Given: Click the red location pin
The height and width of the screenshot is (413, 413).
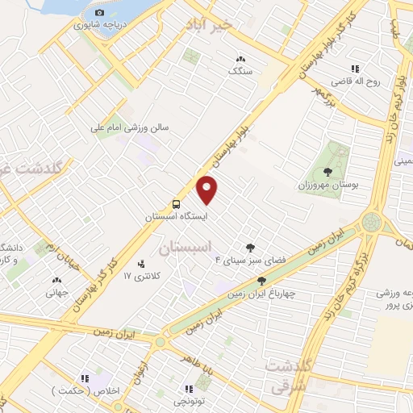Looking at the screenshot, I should coord(208,190).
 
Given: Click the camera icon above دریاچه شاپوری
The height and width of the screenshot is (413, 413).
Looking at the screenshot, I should coord(99,12).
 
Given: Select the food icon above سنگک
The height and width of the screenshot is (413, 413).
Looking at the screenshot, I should coord(240,58).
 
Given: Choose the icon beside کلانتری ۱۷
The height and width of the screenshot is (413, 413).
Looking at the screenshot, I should coord(142,263).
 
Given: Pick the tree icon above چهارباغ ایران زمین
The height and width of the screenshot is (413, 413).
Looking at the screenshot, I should coord(261,280).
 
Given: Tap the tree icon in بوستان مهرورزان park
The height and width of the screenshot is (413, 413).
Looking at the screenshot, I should coord(327,172).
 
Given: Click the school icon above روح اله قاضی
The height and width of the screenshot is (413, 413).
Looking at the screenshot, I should coord(354,69).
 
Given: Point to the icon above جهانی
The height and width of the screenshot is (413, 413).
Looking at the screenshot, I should coord(56,281).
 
